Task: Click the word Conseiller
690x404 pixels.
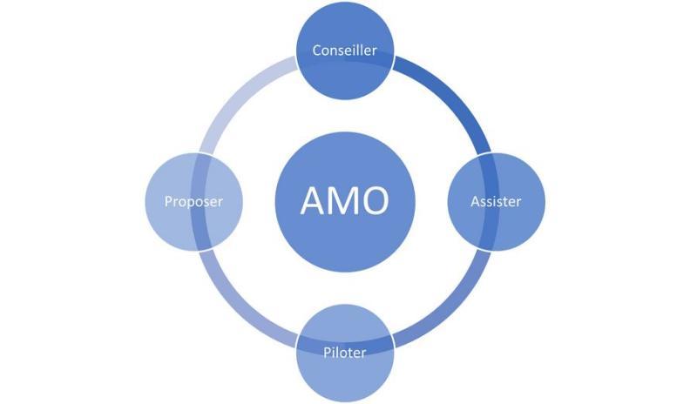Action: tap(344, 50)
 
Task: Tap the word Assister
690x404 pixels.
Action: tap(496, 201)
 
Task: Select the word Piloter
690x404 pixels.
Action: tap(344, 353)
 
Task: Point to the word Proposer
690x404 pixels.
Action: tap(193, 201)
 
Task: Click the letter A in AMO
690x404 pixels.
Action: tap(314, 201)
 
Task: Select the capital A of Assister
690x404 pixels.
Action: tap(475, 201)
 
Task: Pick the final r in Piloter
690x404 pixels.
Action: tap(364, 353)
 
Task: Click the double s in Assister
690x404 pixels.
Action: tap(488, 201)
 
